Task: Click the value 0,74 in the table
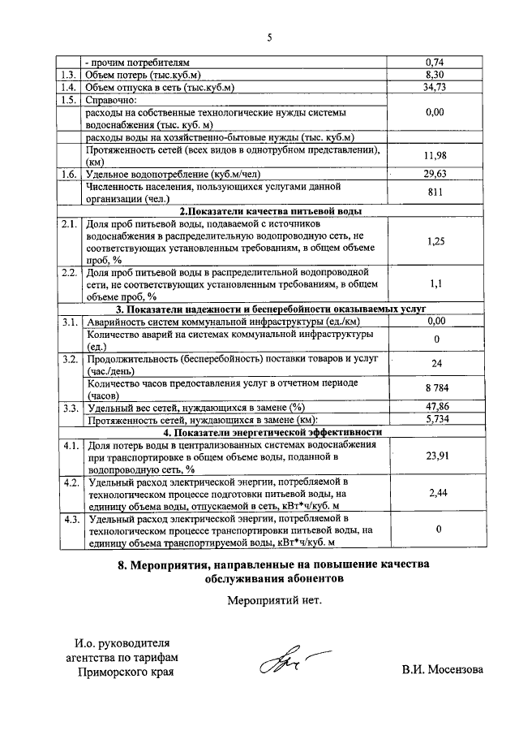tap(436, 62)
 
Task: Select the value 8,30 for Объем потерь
tap(436, 74)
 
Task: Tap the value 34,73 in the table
tap(436, 87)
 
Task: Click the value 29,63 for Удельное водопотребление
tap(436, 174)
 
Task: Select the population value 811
tap(436, 192)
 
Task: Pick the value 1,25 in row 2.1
tap(436, 241)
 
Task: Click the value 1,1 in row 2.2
tap(436, 284)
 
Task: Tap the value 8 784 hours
tap(436, 387)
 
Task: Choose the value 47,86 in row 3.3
tap(436, 407)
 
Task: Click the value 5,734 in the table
tap(436, 419)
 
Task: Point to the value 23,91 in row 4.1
tap(436, 456)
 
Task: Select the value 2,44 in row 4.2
tap(436, 493)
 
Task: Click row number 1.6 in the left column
tap(68, 174)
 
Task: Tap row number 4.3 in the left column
tap(68, 518)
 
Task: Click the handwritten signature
tap(280, 660)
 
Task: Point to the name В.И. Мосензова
tap(441, 671)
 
